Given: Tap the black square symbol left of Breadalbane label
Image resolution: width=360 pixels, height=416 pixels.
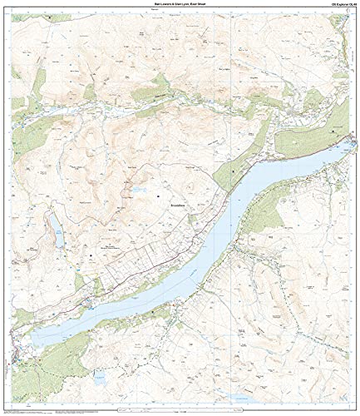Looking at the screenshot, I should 158,196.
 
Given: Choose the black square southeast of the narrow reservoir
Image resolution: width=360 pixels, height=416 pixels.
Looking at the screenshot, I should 91,245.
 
